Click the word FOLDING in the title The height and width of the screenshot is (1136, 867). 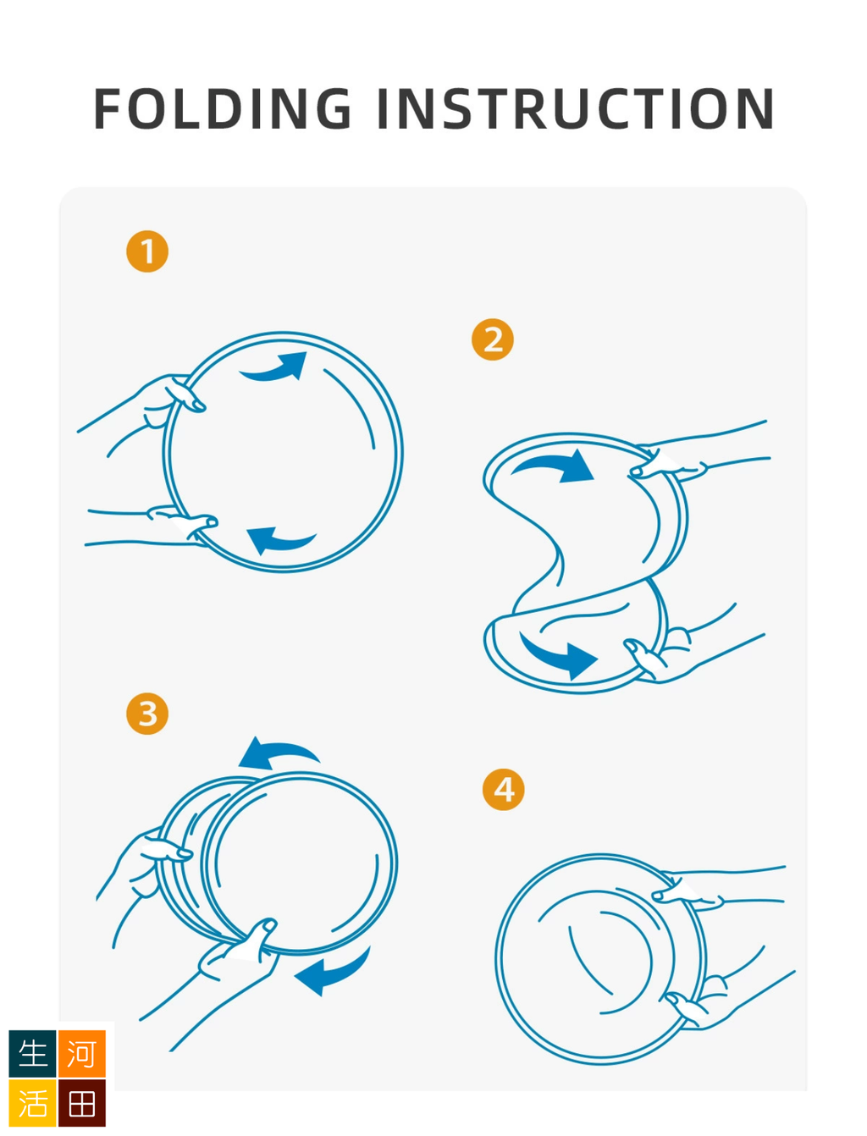click(x=223, y=108)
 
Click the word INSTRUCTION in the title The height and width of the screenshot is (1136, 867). click(x=576, y=108)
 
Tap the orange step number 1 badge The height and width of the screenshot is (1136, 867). click(x=147, y=251)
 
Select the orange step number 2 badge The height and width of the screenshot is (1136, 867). click(x=493, y=339)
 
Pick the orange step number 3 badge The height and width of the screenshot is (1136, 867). click(x=147, y=714)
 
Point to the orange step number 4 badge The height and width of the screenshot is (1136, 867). click(x=504, y=790)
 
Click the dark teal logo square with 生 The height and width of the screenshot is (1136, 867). click(x=33, y=1054)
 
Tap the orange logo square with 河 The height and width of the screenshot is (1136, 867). click(x=82, y=1054)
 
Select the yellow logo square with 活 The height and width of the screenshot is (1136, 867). click(x=33, y=1103)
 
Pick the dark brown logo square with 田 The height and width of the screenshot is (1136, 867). click(x=82, y=1103)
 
